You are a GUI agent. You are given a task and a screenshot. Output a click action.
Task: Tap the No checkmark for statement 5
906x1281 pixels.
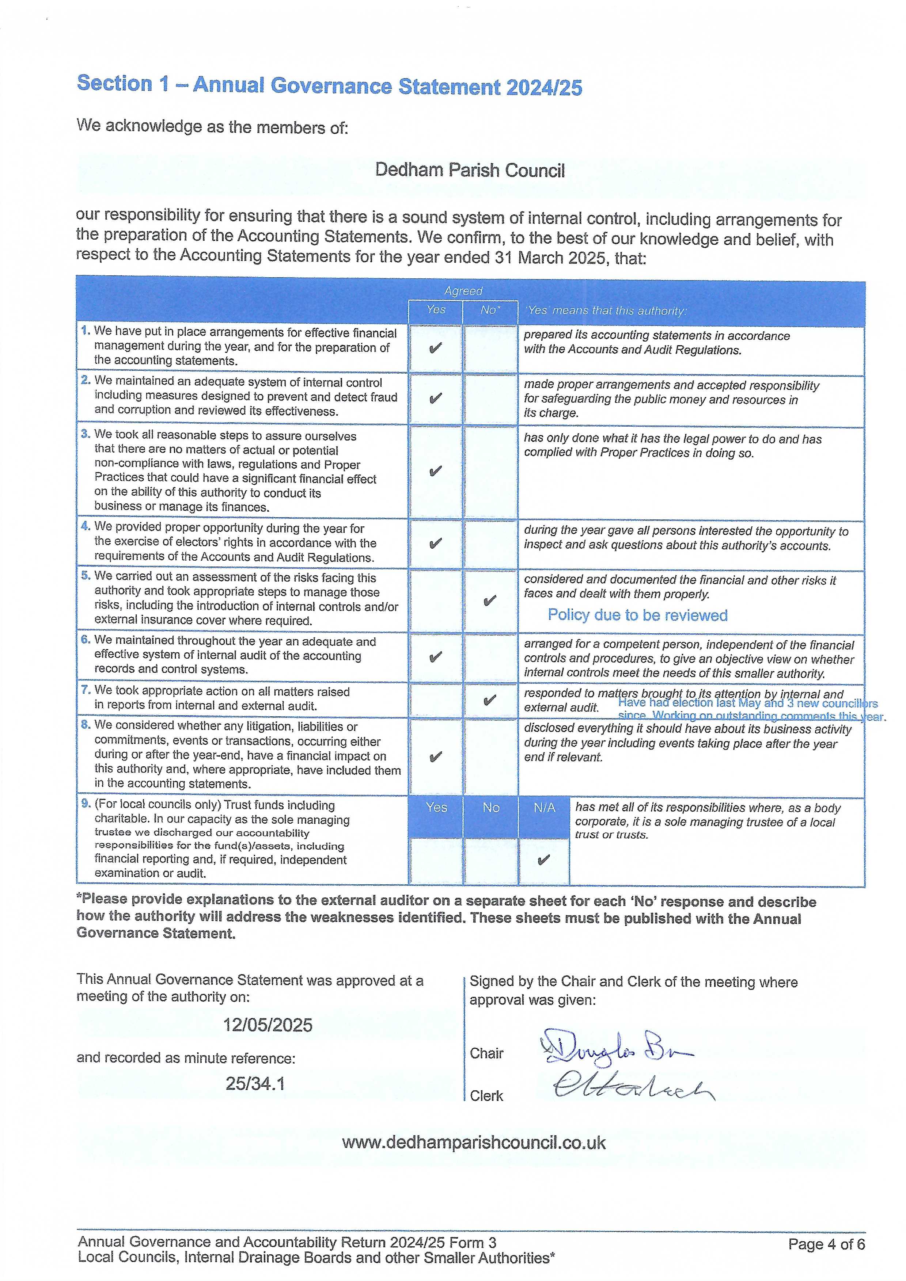click(490, 601)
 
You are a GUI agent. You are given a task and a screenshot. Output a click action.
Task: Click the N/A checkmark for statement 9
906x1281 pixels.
click(543, 860)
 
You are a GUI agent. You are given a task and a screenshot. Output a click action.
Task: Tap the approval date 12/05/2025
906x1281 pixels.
click(268, 1025)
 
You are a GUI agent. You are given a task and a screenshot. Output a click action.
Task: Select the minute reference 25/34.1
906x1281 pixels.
click(255, 1083)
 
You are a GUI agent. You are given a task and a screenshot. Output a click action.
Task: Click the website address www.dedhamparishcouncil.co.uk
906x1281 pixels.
click(473, 1142)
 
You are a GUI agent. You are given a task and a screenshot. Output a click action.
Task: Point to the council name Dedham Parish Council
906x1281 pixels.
click(470, 170)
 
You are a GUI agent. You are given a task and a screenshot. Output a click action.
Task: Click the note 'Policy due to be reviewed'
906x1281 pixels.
click(637, 615)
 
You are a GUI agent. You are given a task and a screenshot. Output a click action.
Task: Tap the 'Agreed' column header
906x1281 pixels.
click(463, 291)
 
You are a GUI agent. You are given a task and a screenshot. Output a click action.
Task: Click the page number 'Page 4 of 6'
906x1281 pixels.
click(826, 1244)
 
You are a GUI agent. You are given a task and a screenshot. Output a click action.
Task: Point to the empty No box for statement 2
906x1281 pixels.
click(490, 399)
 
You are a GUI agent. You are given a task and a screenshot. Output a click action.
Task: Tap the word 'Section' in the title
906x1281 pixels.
click(114, 84)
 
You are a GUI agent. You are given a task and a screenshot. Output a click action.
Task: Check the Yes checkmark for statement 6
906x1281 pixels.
click(435, 657)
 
